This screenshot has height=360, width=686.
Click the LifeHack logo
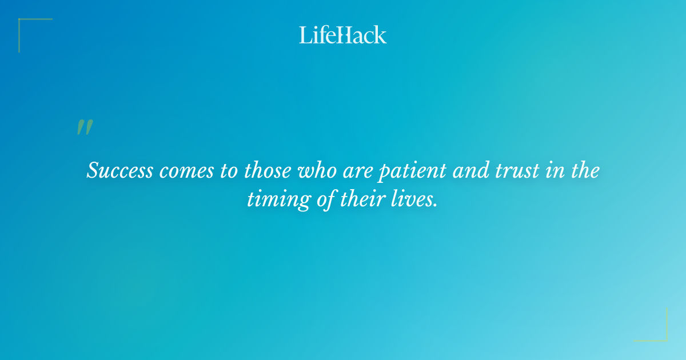click(343, 35)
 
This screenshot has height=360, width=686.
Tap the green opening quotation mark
click(85, 127)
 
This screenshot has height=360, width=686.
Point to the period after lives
click(435, 206)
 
